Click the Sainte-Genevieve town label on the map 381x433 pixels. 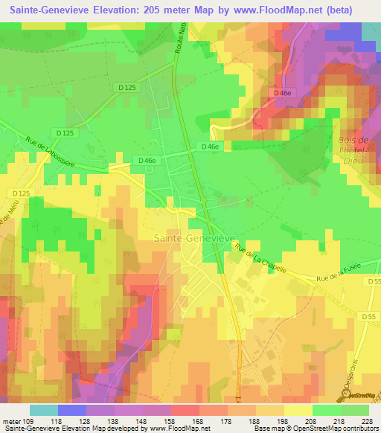tap(194, 237)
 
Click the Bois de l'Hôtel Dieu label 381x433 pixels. tap(353, 155)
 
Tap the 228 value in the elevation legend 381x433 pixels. tap(365, 421)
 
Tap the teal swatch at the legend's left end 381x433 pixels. tap(43, 410)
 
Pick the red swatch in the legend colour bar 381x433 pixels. tap(185, 410)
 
